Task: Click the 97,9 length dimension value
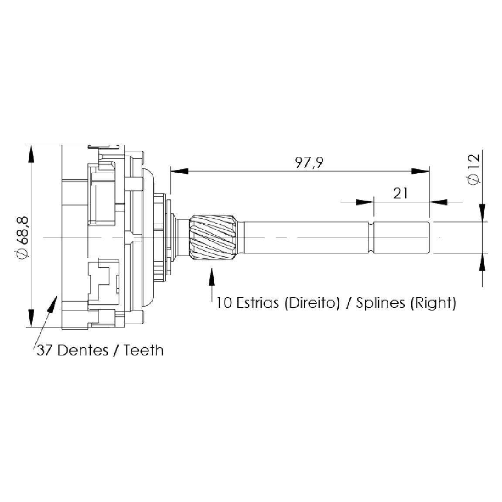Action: pyautogui.click(x=309, y=163)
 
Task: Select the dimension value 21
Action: pyautogui.click(x=400, y=193)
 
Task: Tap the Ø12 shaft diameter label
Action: pyautogui.click(x=474, y=169)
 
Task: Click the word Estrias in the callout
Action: pyautogui.click(x=257, y=303)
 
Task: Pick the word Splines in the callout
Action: pyautogui.click(x=381, y=303)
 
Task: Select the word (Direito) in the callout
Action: pyautogui.click(x=312, y=303)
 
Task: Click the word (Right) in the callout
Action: pyautogui.click(x=433, y=303)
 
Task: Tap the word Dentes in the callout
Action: pyautogui.click(x=83, y=350)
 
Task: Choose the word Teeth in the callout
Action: pyautogui.click(x=143, y=350)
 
